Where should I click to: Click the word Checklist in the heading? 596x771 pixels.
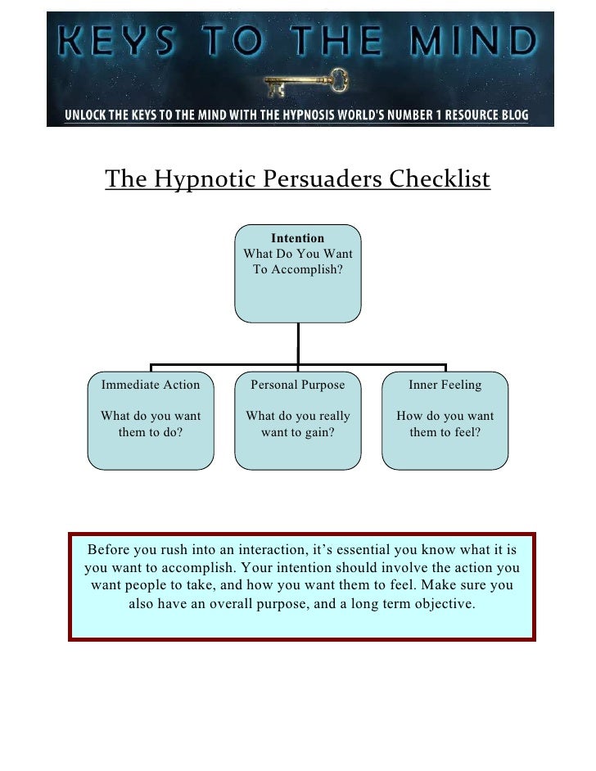(440, 178)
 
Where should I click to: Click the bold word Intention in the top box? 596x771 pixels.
(298, 238)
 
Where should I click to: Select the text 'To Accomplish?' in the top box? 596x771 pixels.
(298, 269)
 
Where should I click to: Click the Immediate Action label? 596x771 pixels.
(151, 385)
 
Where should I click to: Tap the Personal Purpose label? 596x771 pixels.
(298, 385)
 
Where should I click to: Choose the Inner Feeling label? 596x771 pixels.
(445, 385)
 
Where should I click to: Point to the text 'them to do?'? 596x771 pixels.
(151, 432)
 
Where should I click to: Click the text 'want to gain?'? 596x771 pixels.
(298, 432)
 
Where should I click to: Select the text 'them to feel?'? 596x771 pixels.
(445, 432)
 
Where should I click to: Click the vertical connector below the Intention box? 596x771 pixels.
(298, 342)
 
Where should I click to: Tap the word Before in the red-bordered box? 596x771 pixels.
(112, 548)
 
